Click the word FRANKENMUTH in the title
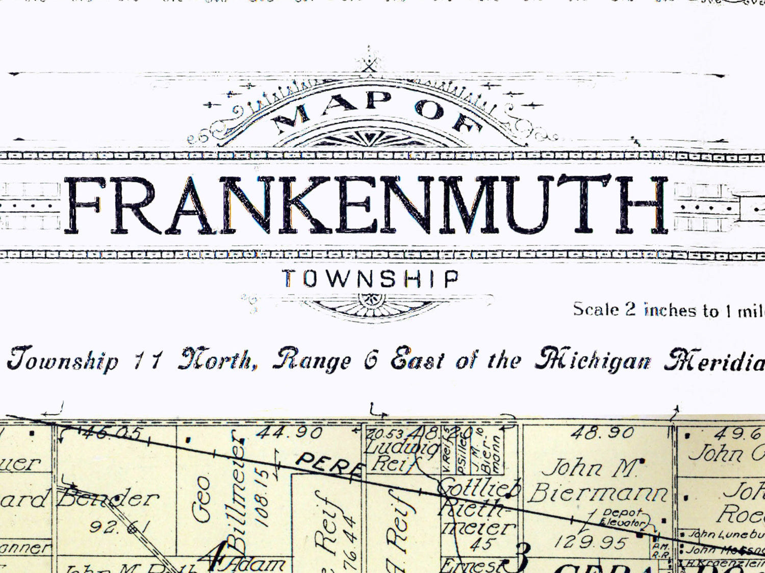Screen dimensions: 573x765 pyautogui.click(x=366, y=205)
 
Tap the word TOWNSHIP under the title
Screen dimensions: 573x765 pyautogui.click(x=371, y=279)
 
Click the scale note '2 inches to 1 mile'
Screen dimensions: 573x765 pyautogui.click(x=668, y=310)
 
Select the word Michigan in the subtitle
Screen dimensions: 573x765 pyautogui.click(x=593, y=360)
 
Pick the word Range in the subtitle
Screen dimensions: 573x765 pyautogui.click(x=312, y=360)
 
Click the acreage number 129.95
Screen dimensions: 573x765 pyautogui.click(x=590, y=542)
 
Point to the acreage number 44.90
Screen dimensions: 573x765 pyautogui.click(x=289, y=433)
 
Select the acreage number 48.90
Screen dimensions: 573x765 pyautogui.click(x=602, y=433)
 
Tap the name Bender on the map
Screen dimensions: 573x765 pyautogui.click(x=108, y=497)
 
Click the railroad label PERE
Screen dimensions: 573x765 pyautogui.click(x=329, y=464)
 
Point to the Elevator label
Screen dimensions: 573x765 pyautogui.click(x=622, y=522)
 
